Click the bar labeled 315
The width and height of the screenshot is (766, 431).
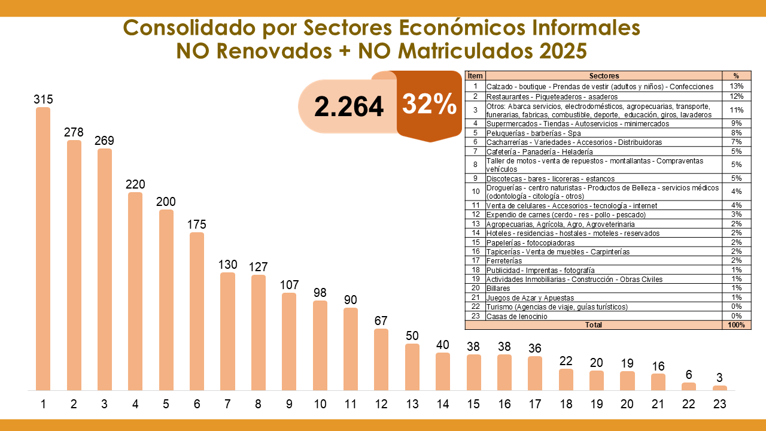click(43, 249)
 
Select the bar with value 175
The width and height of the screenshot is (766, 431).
click(197, 311)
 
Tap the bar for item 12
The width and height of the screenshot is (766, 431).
click(381, 360)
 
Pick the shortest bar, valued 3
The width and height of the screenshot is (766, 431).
click(720, 388)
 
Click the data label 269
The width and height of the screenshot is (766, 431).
click(104, 141)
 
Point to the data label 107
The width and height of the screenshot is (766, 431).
click(289, 285)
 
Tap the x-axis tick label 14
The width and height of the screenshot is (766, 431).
click(443, 404)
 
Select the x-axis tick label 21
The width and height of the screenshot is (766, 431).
click(658, 404)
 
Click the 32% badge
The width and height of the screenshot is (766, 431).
click(428, 105)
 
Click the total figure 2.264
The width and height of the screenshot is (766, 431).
click(349, 107)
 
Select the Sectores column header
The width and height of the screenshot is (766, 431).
click(604, 76)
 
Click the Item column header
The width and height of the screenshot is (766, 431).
click(475, 76)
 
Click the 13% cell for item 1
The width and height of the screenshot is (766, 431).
click(736, 86)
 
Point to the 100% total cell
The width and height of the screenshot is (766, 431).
click(736, 325)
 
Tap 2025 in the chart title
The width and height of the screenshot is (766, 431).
click(563, 51)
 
